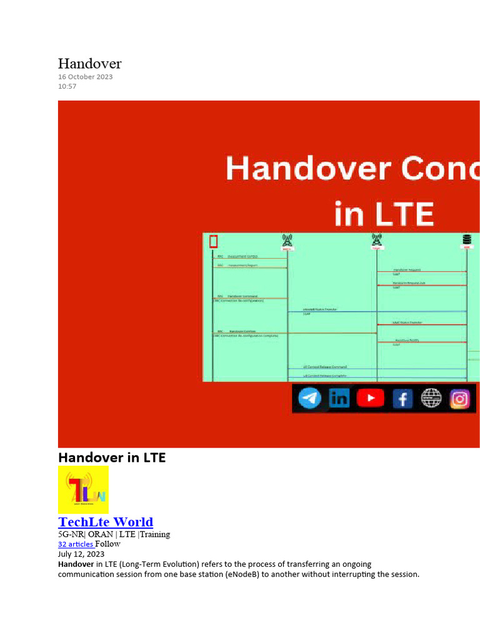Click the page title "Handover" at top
[89, 64]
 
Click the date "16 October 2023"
[86, 77]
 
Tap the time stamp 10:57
[67, 86]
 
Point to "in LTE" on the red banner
[384, 214]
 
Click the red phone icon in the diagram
[214, 241]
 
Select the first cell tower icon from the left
[287, 241]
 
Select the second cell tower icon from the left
[377, 240]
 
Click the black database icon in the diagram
[466, 240]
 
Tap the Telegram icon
[310, 398]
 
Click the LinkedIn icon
[340, 398]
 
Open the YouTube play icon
[371, 398]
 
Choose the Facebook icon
[402, 398]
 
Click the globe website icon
[431, 398]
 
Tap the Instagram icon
[460, 398]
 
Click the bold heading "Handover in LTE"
[112, 457]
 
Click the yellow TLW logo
[83, 489]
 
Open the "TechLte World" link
[106, 522]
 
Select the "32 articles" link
[76, 544]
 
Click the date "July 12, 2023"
[81, 554]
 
